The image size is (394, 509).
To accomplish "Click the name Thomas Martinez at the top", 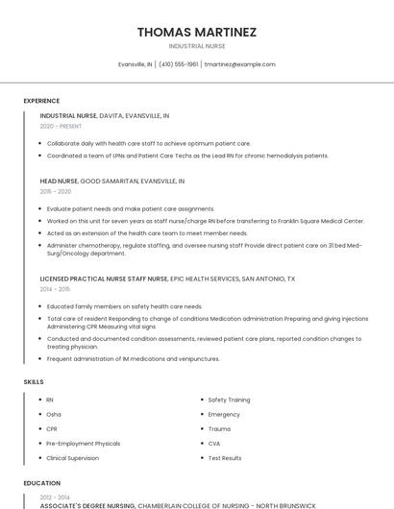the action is coord(197,32).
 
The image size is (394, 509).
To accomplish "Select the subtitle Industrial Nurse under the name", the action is coord(197,46).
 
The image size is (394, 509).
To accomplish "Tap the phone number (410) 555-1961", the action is coord(179,64).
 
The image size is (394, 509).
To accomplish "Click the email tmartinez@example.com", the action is coord(239,64).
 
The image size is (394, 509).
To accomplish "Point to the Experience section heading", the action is coord(41,101).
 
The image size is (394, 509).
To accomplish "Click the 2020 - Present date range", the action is coord(62,126).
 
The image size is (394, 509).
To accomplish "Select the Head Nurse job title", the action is coord(60,181).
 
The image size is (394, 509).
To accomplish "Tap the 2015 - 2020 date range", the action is coord(56,191).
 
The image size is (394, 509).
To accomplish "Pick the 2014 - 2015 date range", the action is coord(56,289).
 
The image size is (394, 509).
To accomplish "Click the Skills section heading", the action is coord(34,382).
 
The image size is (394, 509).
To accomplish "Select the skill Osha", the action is coord(54,414).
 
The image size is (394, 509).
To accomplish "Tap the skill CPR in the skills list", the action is coord(52,428).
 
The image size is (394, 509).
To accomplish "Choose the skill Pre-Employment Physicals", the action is coord(84,444).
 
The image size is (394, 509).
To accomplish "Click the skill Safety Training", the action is coord(229,400).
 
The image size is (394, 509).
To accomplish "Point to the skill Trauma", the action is coord(219,428).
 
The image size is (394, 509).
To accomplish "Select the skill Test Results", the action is coord(225,458).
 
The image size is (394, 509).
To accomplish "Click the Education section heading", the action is coord(41,483).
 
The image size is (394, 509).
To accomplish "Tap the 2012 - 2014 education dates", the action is coord(54,497).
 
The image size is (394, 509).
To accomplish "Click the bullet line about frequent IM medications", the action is coord(133,358).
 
